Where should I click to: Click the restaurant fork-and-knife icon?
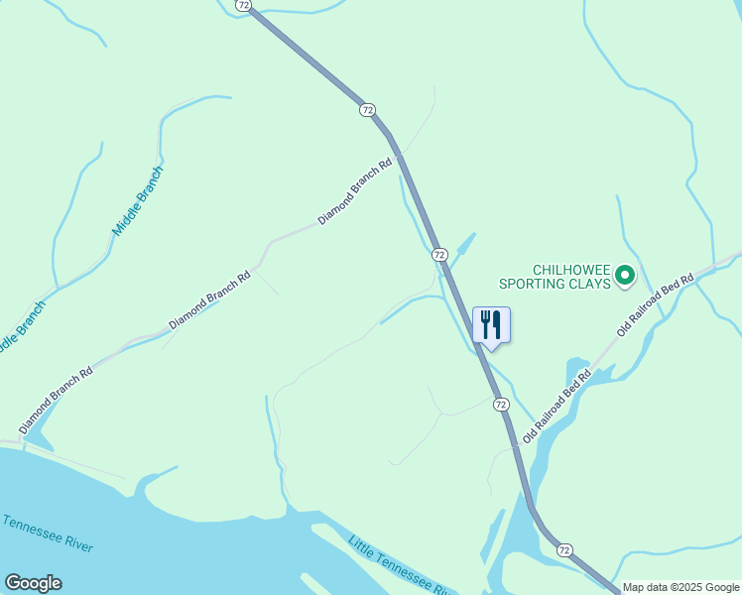(491, 324)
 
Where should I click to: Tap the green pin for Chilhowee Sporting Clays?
(624, 276)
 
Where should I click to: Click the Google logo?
(33, 583)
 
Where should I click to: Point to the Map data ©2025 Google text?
(681, 587)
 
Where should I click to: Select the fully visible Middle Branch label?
(138, 200)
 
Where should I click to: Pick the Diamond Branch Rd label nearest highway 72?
(355, 189)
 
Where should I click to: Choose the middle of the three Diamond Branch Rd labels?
(209, 297)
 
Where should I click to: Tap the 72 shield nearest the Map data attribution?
(564, 549)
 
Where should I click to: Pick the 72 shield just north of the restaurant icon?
(439, 255)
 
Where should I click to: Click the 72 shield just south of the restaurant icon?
(501, 405)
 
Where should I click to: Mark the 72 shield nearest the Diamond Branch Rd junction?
(368, 109)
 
